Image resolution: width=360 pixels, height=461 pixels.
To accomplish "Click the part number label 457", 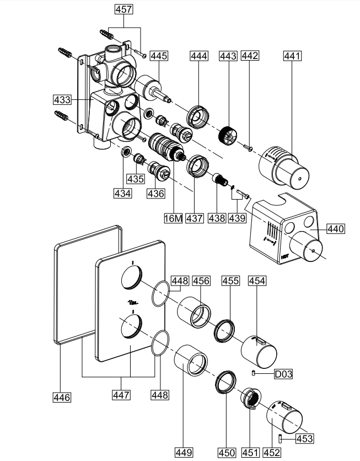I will click(x=124, y=9).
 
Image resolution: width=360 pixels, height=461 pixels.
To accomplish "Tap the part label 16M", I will click(x=173, y=218).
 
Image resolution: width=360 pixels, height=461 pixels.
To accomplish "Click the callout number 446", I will click(x=62, y=396).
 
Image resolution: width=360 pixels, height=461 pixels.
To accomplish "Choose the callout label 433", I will click(x=62, y=100).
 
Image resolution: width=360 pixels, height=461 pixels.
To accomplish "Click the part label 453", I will click(x=304, y=439).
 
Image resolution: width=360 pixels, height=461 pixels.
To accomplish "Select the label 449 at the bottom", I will click(x=184, y=453).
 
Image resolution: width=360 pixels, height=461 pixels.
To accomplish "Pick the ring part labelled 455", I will click(x=225, y=331).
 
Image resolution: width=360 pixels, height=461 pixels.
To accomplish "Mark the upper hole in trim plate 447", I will click(x=131, y=277).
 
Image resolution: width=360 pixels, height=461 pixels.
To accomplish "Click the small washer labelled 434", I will click(x=126, y=152).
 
